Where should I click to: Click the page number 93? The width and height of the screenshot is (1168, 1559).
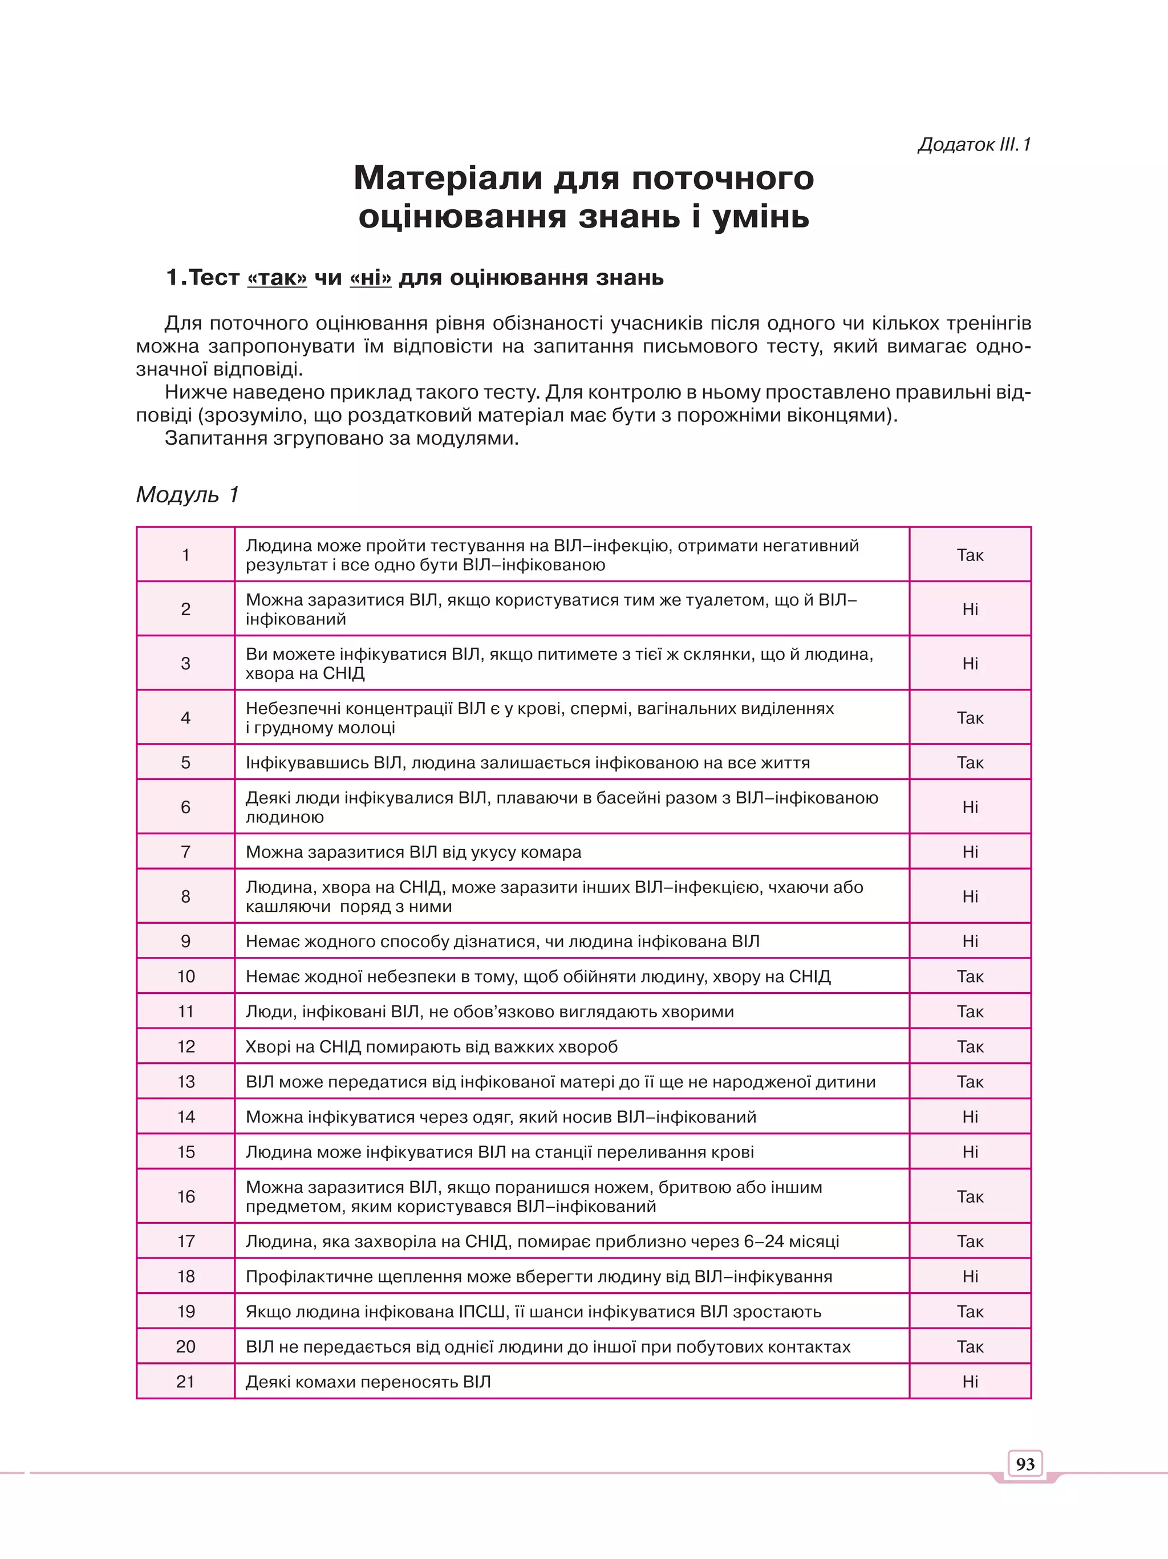[x=1025, y=1464]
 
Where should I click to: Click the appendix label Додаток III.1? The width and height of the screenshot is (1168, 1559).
[x=974, y=144]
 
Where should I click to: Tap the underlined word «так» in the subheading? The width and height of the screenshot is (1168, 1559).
[x=277, y=278]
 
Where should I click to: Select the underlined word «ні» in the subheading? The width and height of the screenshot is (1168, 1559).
[x=370, y=278]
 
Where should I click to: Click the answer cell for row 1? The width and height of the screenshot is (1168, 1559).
[x=970, y=555]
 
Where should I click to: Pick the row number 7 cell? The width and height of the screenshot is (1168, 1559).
[x=185, y=851]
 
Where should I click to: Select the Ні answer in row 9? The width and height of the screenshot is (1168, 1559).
[x=970, y=941]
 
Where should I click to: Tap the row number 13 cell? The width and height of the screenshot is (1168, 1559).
[x=185, y=1081]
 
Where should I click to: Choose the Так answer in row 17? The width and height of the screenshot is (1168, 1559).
[x=970, y=1241]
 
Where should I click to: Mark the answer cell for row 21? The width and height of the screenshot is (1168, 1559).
[x=970, y=1382]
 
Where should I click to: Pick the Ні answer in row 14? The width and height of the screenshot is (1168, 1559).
[x=970, y=1117]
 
